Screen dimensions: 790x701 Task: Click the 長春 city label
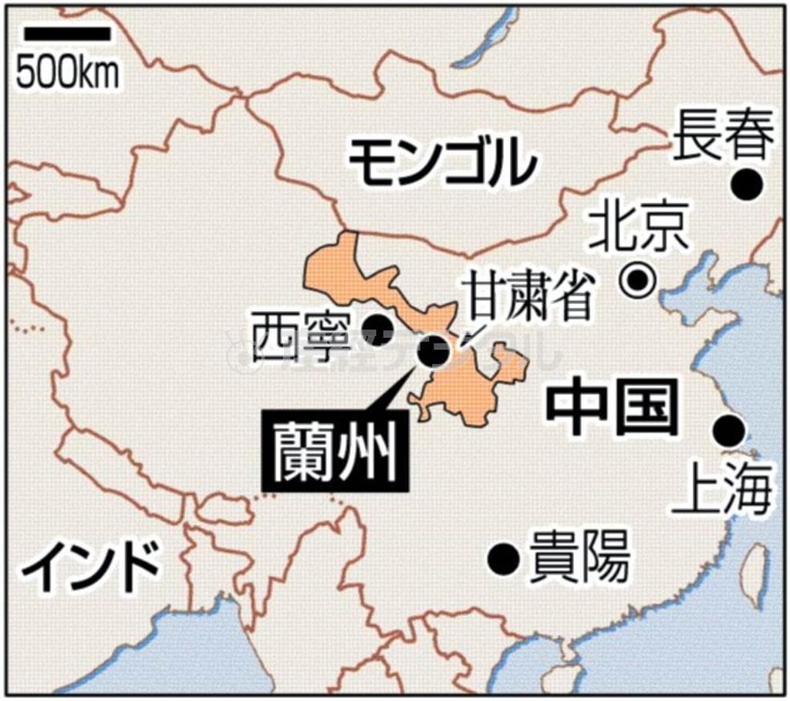(x=723, y=135)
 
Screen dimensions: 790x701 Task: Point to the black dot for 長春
(x=747, y=185)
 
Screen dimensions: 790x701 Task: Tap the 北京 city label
(x=638, y=231)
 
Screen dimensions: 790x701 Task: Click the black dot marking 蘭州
(x=427, y=351)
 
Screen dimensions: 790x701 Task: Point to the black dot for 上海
(x=729, y=429)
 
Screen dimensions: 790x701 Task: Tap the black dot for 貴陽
(x=505, y=556)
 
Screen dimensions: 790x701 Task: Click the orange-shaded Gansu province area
(x=463, y=390)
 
